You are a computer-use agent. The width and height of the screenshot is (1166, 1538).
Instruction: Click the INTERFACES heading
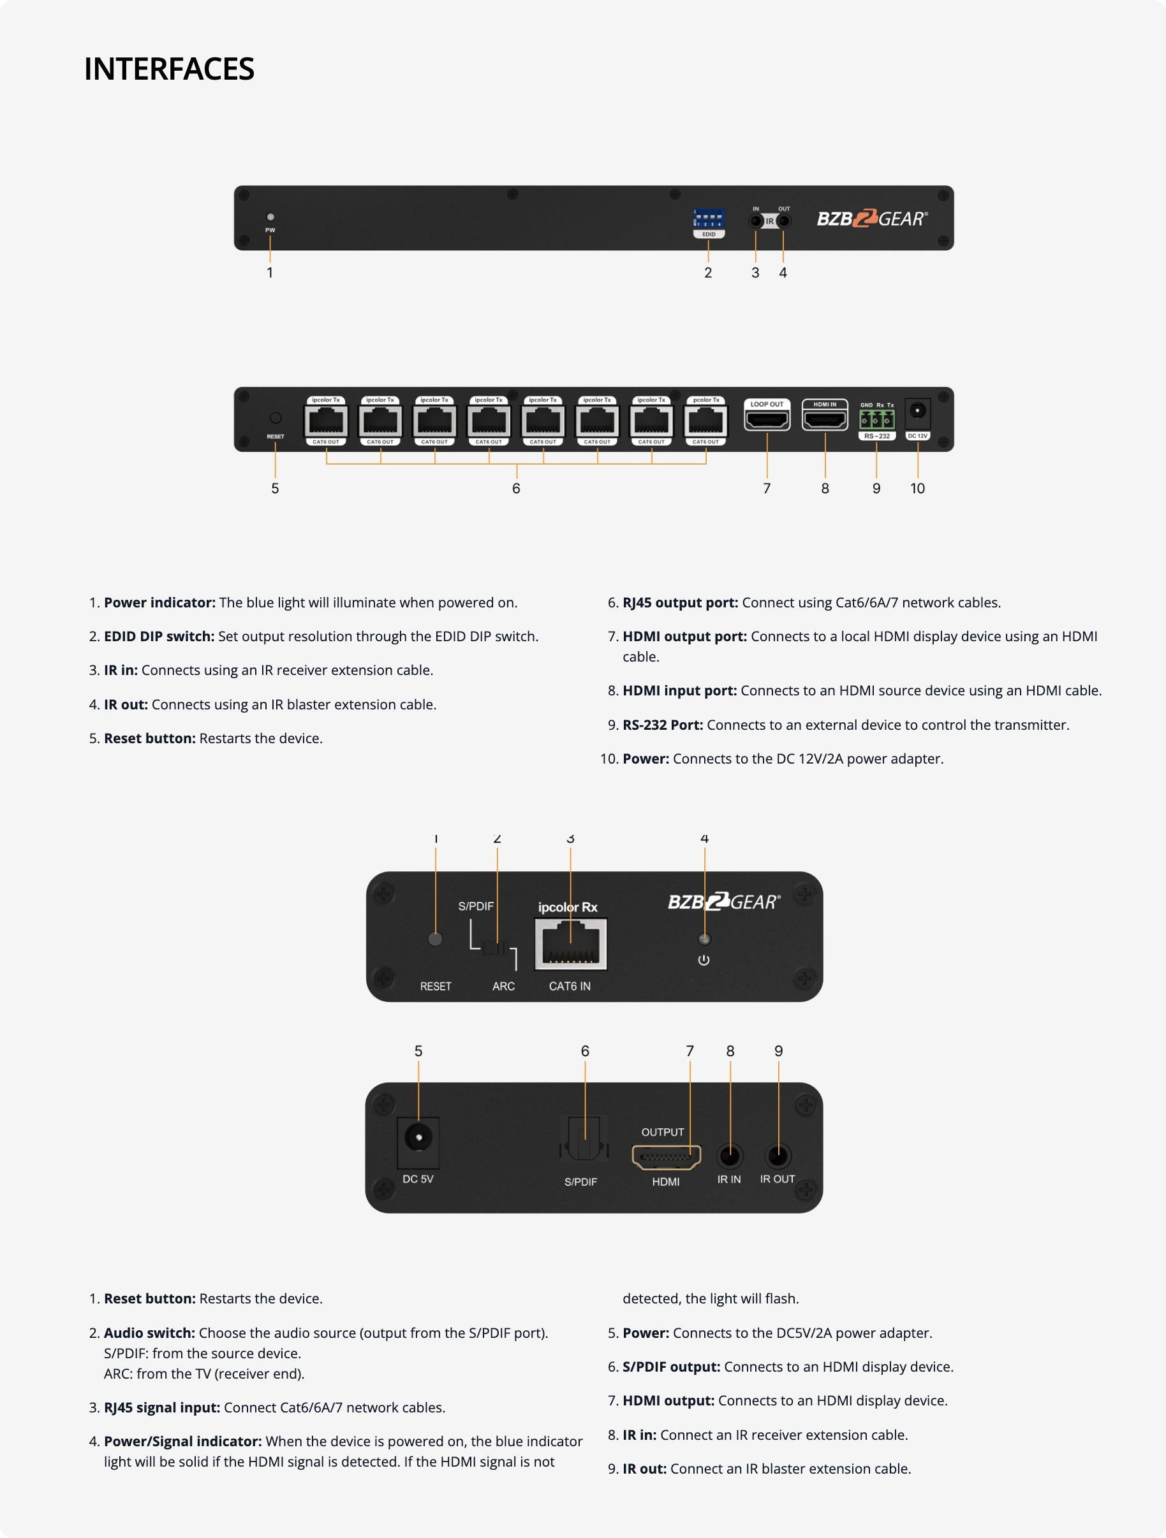(169, 69)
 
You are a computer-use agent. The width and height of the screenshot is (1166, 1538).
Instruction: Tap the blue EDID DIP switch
(708, 219)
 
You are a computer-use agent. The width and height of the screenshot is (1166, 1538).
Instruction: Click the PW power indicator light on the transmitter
(270, 217)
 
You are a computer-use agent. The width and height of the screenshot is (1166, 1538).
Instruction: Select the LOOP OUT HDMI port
(767, 419)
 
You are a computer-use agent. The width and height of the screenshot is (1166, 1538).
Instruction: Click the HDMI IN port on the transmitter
(825, 419)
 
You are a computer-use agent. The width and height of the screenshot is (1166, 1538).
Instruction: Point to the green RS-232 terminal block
(876, 420)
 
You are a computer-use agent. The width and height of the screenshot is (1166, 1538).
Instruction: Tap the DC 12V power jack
(918, 411)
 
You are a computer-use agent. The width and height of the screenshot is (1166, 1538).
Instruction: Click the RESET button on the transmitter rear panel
(276, 418)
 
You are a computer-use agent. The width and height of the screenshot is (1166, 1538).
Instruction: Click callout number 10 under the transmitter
(918, 489)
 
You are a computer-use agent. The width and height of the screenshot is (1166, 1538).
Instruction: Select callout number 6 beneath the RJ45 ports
(516, 489)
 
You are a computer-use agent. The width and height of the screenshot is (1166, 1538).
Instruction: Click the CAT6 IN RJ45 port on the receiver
(570, 944)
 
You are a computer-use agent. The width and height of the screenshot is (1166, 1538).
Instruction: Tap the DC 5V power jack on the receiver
(418, 1138)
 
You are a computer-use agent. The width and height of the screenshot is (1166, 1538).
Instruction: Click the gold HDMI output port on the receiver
(666, 1157)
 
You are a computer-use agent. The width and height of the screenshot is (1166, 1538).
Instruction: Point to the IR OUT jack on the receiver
(778, 1156)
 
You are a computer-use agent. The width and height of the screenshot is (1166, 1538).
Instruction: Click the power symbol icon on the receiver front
(704, 960)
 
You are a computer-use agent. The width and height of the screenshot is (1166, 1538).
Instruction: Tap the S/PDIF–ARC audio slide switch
(497, 948)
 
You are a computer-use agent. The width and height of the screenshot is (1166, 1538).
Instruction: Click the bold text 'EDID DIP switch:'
(159, 636)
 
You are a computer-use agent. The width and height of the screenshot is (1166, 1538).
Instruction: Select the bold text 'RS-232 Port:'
(662, 725)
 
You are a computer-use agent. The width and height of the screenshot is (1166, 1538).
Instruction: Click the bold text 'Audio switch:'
(149, 1333)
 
